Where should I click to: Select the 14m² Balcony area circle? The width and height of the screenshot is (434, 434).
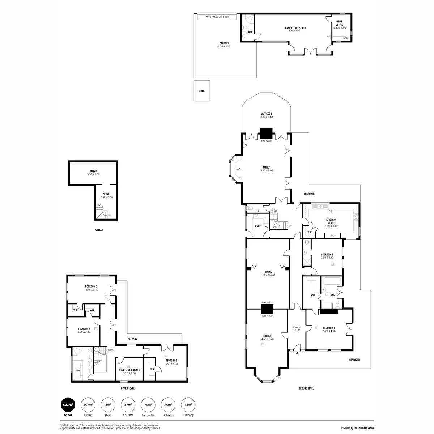pos(188,404)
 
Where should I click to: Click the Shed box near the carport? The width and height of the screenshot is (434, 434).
pos(202,91)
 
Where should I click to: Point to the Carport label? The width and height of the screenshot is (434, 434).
pos(224,43)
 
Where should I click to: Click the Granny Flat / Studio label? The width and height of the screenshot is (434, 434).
pos(295,28)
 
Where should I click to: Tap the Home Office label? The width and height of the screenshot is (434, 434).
pos(339,23)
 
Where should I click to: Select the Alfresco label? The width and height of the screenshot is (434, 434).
pos(266,114)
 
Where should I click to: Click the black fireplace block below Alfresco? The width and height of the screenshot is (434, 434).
pos(266,133)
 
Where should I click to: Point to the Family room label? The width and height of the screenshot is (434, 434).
pos(267,167)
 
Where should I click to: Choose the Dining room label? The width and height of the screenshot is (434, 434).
pos(268,272)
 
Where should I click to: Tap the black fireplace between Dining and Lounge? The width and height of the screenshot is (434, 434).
pos(267,309)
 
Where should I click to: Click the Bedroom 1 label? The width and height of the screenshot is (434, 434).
pos(329,328)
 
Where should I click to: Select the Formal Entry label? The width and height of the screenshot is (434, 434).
pos(297,329)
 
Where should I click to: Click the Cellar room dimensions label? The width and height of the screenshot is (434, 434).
pos(93,174)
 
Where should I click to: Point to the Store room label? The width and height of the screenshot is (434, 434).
pos(106,194)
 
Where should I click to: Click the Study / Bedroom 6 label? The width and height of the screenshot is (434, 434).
pos(129,370)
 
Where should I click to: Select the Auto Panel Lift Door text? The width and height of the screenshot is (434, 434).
pos(217,17)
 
